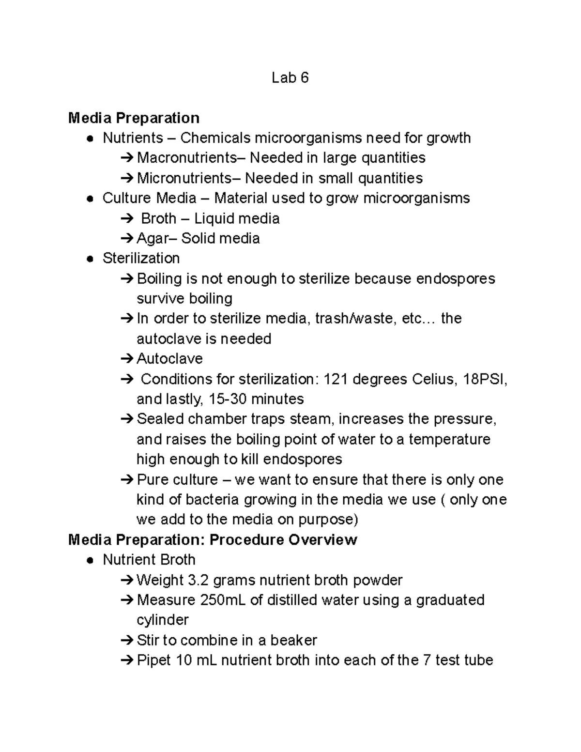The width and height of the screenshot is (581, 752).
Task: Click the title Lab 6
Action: tap(290, 77)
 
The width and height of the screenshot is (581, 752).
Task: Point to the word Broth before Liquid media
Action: tap(158, 218)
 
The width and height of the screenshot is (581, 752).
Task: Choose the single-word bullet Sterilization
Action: tap(141, 258)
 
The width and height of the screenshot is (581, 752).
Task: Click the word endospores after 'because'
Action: tap(456, 278)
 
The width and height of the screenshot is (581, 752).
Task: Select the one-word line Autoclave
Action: tap(170, 359)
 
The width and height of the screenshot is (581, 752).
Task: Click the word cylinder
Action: tap(163, 620)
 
